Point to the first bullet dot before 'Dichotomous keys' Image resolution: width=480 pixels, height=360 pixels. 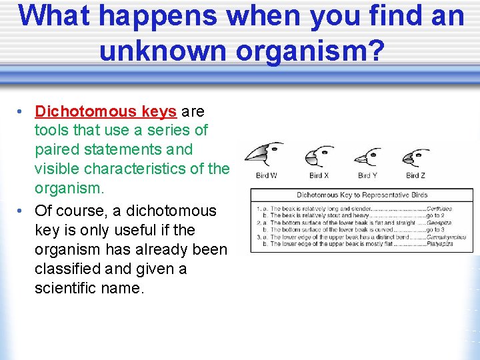(22, 111)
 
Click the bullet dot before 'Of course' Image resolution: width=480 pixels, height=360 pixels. (22, 211)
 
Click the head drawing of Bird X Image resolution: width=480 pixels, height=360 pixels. (319, 157)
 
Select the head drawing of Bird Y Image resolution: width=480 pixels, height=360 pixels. (367, 158)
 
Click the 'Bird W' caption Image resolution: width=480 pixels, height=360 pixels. (266, 176)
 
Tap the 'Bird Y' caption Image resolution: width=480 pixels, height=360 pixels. (367, 176)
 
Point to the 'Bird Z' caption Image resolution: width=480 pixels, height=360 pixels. (415, 176)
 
